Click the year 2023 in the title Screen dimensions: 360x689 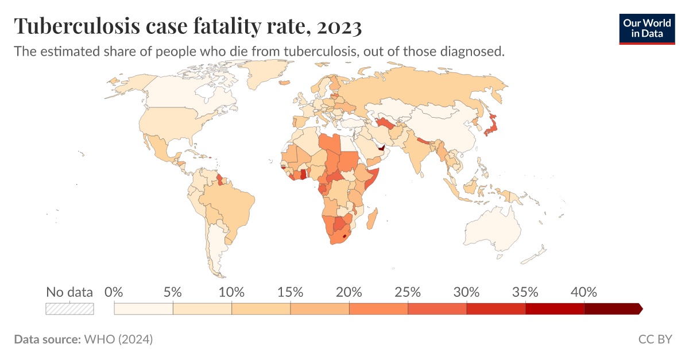334,26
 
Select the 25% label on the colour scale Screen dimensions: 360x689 408,292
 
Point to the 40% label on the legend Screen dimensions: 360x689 584,292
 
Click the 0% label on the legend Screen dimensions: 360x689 114,292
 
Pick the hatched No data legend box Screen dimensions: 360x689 69,309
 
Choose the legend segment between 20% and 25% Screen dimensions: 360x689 378,309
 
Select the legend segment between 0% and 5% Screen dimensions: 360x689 144,309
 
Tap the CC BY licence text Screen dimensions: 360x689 655,339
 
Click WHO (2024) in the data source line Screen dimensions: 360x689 118,339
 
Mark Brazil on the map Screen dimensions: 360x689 230,201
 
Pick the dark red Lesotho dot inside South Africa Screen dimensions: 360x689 344,235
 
